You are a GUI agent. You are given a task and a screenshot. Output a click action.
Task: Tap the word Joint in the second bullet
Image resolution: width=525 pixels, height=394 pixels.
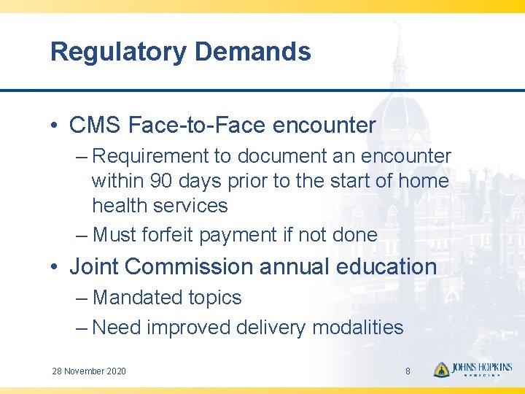point(94,267)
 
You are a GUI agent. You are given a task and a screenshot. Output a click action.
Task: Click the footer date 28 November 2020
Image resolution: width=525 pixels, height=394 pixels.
point(89,371)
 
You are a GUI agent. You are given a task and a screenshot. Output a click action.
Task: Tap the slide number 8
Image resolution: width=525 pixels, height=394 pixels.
point(408,371)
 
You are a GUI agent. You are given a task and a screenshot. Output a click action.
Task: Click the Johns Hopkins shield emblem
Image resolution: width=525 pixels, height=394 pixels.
point(441,370)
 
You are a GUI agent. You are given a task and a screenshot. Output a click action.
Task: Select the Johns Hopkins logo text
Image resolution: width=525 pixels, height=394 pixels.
point(482,369)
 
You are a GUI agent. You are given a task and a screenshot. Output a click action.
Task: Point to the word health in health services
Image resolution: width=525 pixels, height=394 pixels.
point(117,206)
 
